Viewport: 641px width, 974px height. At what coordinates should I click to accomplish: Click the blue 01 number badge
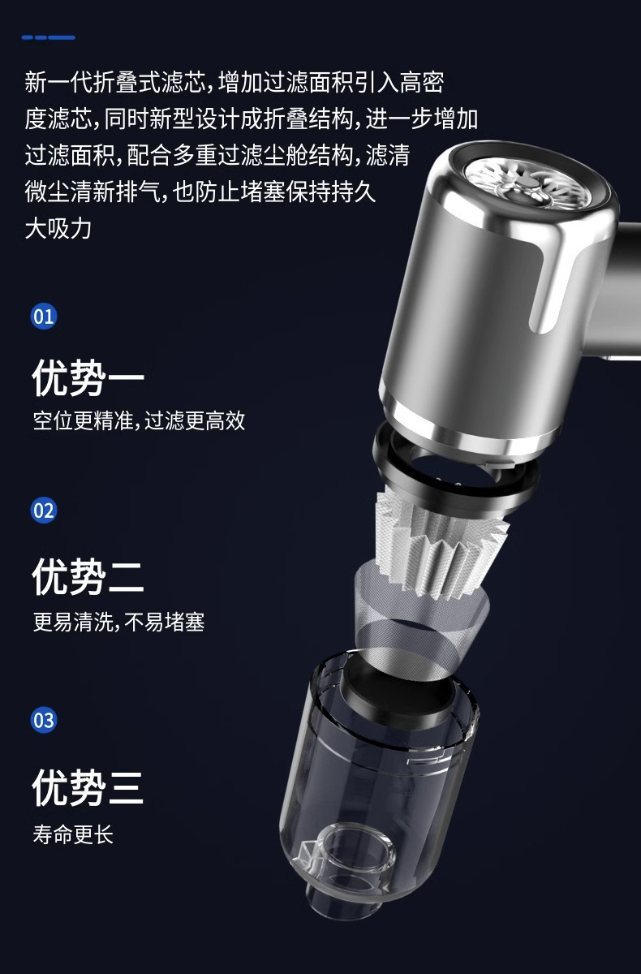click(44, 315)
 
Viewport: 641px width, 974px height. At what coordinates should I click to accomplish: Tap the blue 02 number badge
click(44, 511)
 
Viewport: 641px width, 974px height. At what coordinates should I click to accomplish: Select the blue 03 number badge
click(44, 720)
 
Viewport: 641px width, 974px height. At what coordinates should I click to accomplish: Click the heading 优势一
click(88, 377)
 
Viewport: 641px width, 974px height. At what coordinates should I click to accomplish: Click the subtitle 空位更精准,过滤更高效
click(139, 421)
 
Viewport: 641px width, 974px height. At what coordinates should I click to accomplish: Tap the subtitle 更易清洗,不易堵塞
click(118, 622)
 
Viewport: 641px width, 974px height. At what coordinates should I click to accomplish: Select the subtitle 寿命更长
click(73, 834)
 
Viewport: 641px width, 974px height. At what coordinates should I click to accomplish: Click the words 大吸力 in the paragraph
click(58, 229)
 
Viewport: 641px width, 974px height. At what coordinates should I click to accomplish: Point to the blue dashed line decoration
click(49, 37)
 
